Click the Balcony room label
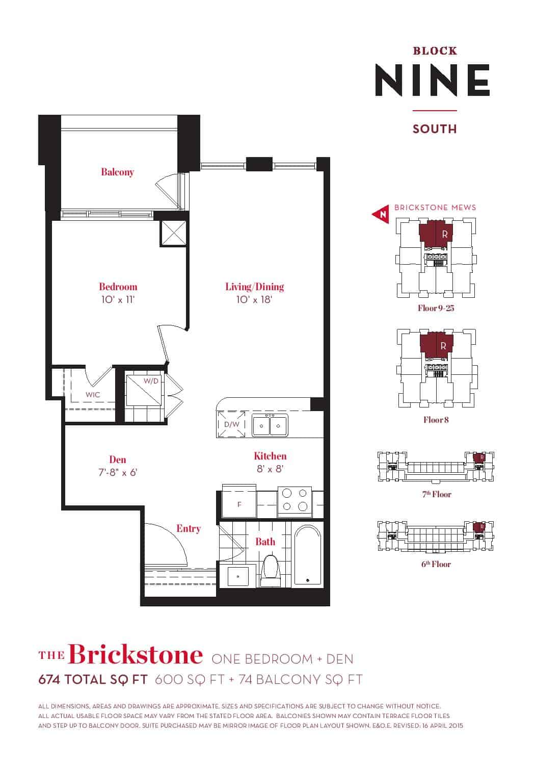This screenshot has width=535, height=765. tap(117, 172)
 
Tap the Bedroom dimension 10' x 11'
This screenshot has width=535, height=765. tap(118, 300)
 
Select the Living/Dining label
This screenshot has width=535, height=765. tap(255, 287)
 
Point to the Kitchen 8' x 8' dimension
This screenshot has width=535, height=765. tap(270, 469)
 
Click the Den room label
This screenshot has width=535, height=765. tap(118, 460)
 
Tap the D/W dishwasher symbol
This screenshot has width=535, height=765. tap(232, 424)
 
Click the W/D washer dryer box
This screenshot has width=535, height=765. tap(144, 390)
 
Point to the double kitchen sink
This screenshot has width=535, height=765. tap(270, 425)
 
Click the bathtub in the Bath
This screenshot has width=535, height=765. tap(308, 555)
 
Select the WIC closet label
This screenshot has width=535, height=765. tap(93, 395)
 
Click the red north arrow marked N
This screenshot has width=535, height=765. tap(381, 214)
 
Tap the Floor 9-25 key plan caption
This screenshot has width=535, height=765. tap(436, 308)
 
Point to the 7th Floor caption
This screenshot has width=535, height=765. tap(436, 494)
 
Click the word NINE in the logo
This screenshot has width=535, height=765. tap(433, 80)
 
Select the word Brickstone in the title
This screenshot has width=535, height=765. tap(136, 655)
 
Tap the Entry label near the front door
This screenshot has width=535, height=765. tap(189, 529)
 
